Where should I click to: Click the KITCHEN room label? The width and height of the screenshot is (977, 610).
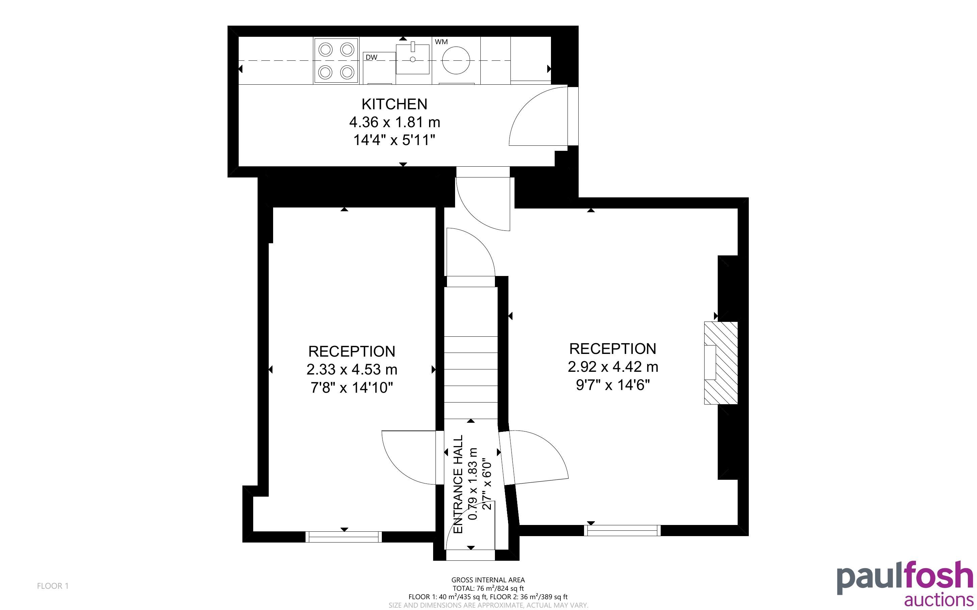click(x=394, y=104)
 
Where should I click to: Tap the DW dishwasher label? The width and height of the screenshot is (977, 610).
click(x=371, y=57)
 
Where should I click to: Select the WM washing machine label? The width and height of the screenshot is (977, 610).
click(x=441, y=41)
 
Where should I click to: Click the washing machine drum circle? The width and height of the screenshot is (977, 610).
click(x=456, y=60)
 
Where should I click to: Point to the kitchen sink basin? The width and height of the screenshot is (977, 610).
click(x=413, y=59)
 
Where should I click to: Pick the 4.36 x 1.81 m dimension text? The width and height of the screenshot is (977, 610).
click(x=394, y=122)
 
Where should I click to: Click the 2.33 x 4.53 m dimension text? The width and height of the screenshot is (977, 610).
click(x=352, y=369)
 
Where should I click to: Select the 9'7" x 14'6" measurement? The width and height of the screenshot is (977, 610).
click(x=613, y=385)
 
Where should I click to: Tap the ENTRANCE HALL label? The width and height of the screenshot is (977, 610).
click(x=458, y=484)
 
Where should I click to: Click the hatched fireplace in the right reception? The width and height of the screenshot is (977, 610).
click(x=721, y=363)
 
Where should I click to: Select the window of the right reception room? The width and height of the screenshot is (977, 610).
click(x=622, y=530)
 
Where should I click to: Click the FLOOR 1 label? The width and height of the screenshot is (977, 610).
click(x=53, y=586)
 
